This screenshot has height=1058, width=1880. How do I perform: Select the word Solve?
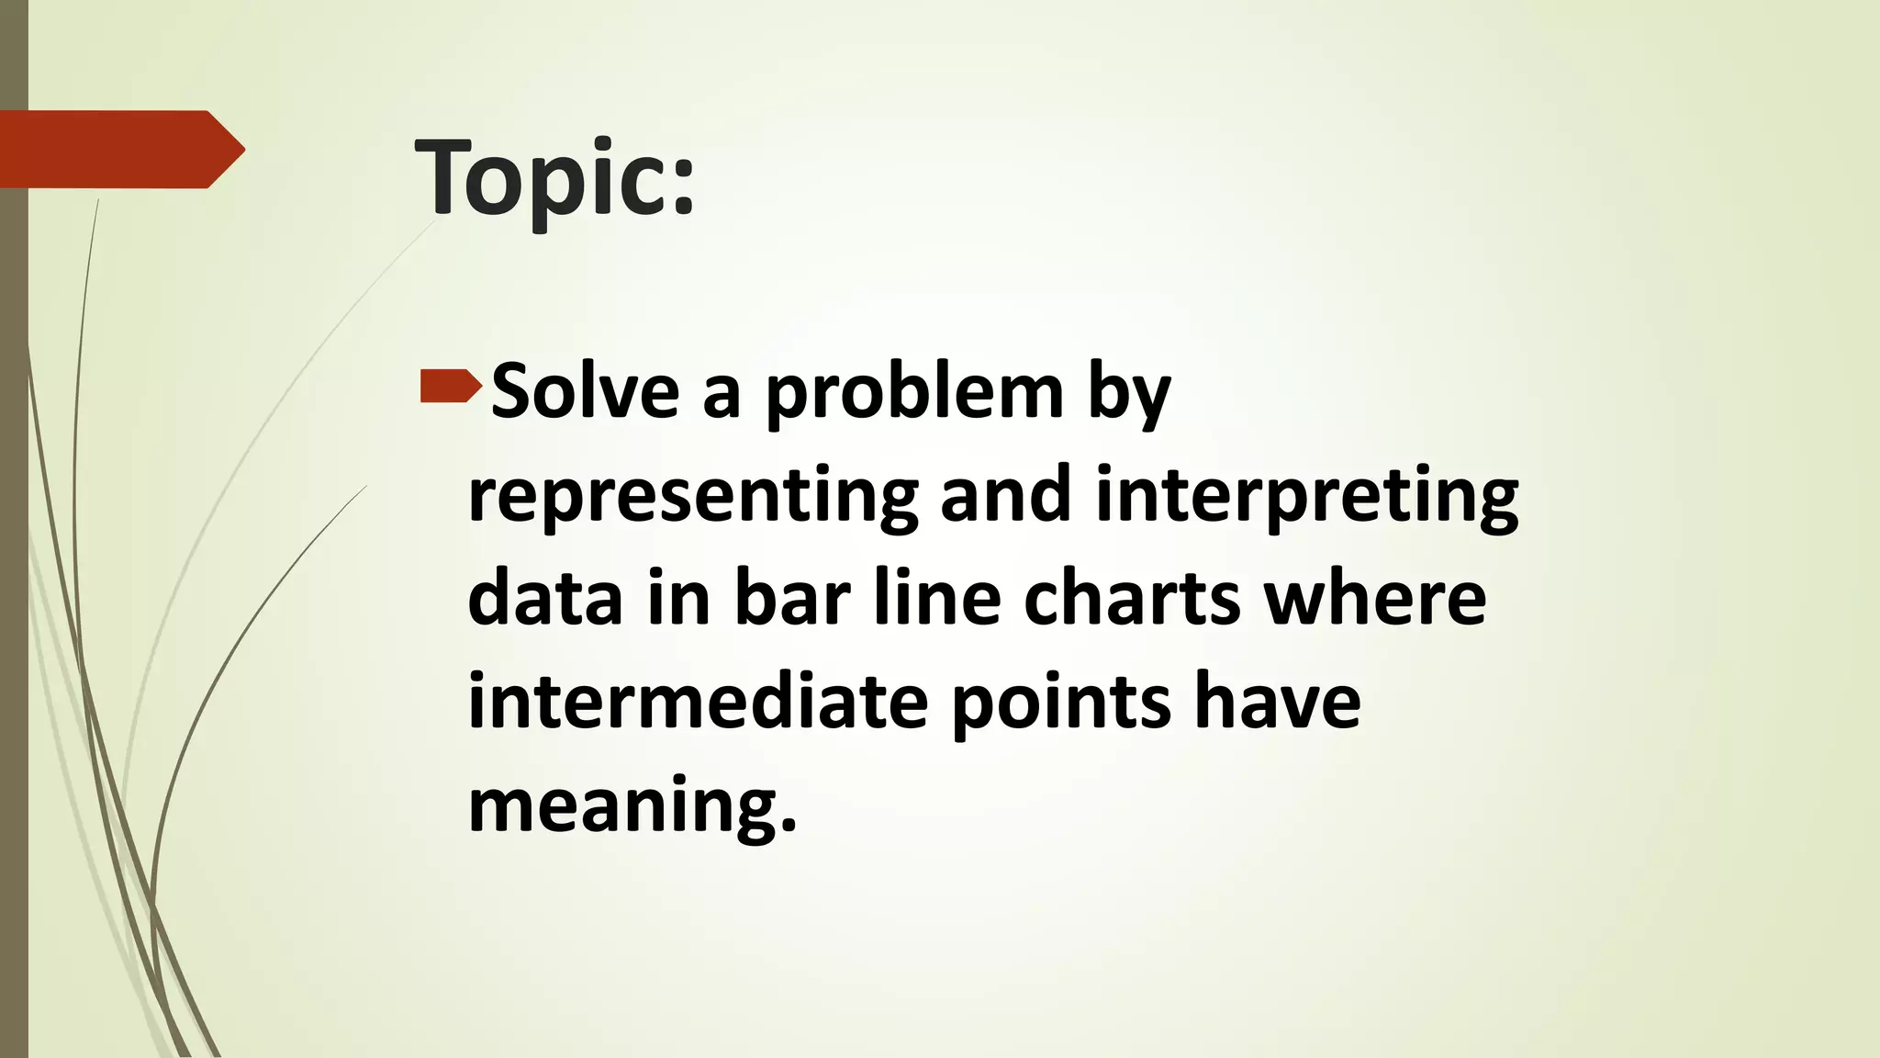point(586,392)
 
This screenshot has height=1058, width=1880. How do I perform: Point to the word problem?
point(914,395)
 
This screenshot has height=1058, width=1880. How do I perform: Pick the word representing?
point(693,498)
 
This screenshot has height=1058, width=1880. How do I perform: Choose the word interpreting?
point(1307,498)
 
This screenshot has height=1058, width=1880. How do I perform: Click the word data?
point(545,598)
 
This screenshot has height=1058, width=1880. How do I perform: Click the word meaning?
point(632,806)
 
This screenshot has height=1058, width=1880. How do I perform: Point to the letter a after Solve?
point(722,395)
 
